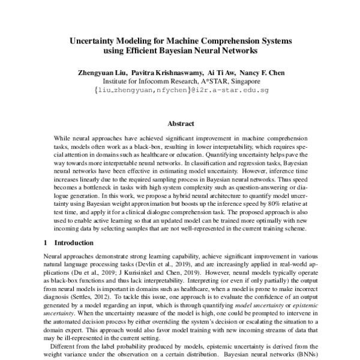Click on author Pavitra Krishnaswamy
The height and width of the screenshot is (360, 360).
[167, 73]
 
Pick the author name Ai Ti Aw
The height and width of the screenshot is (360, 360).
[221, 73]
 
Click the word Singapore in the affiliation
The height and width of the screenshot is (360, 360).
[241, 82]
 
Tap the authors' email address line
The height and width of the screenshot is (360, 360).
[180, 91]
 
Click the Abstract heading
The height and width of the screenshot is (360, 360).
[180, 124]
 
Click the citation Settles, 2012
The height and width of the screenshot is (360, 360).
[96, 298]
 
